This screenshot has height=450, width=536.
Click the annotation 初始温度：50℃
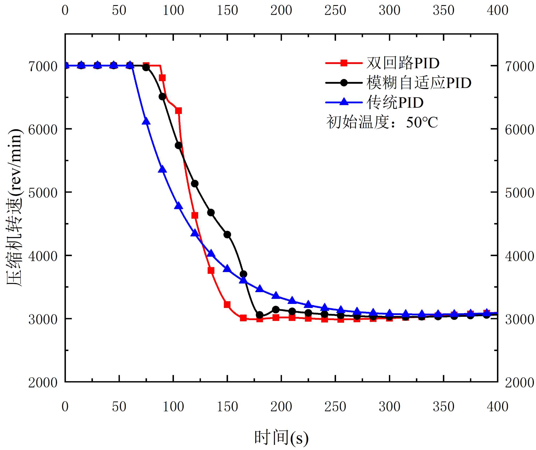pyautogui.click(x=382, y=122)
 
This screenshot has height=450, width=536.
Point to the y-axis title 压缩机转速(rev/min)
pyautogui.click(x=14, y=208)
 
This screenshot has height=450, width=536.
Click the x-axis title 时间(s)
pyautogui.click(x=281, y=437)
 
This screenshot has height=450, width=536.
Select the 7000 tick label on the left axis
pyautogui.click(x=43, y=66)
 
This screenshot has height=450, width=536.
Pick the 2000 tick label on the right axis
pyautogui.click(x=519, y=383)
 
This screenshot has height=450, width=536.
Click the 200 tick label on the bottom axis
pyautogui.click(x=281, y=407)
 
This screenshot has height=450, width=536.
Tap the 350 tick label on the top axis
pyautogui.click(x=444, y=10)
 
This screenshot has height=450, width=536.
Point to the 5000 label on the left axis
pyautogui.click(x=43, y=193)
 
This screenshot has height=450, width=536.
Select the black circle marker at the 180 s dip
pyautogui.click(x=259, y=315)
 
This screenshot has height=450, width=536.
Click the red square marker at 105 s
pyautogui.click(x=178, y=110)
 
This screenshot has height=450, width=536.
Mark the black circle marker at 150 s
pyautogui.click(x=227, y=235)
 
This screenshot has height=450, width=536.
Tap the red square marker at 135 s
pyautogui.click(x=211, y=270)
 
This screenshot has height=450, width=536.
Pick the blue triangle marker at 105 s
pyautogui.click(x=178, y=206)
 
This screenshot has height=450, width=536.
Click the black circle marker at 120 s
pyautogui.click(x=195, y=184)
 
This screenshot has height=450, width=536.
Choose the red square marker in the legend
pyautogui.click(x=344, y=63)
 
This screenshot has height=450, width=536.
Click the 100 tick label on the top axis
pyautogui.click(x=173, y=10)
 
